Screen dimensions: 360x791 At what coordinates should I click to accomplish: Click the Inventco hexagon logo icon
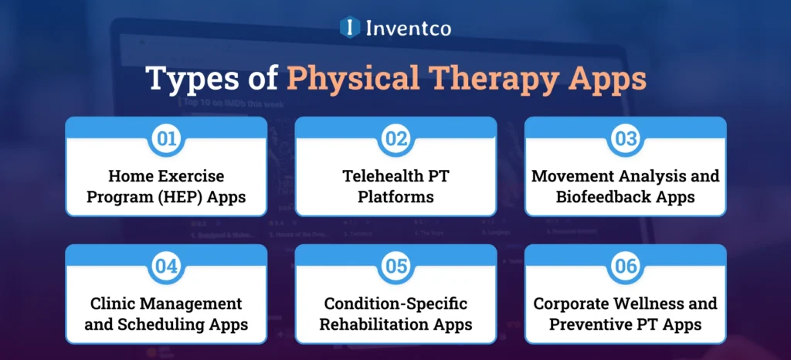coord(350,28)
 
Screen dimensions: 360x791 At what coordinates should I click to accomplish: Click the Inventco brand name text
coord(409,29)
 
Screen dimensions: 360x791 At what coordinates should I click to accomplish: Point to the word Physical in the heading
coord(351,80)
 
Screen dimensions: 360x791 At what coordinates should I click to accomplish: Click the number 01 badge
coord(166,138)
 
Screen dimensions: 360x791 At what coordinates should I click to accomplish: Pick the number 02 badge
coord(395,138)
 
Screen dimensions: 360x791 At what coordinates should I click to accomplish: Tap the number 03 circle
coord(625,138)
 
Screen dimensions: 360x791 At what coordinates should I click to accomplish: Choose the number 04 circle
coord(166,267)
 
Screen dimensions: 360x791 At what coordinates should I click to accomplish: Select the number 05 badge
coord(395,267)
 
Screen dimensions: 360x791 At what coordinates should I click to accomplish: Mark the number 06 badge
coord(625,267)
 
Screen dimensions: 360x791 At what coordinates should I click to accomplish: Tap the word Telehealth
coord(377,177)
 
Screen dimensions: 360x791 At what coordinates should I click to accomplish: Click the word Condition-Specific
coord(395,304)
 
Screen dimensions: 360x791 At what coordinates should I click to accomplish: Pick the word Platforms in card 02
coord(395,197)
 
